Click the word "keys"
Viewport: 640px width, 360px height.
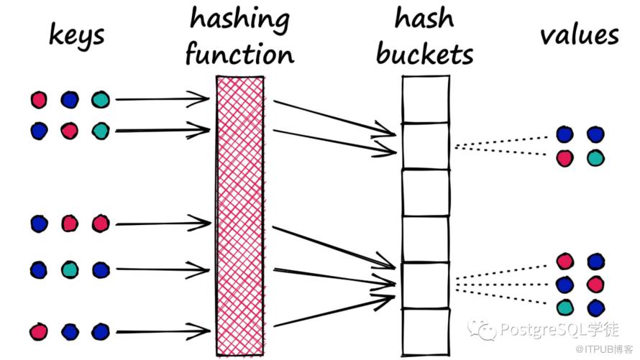coord(78,34)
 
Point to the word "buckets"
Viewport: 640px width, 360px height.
coord(425,54)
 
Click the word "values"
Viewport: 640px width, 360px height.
coord(580,34)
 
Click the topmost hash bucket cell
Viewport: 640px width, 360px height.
coord(424,99)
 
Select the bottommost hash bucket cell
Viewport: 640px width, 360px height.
coord(424,330)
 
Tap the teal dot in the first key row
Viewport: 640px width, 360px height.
coord(101,99)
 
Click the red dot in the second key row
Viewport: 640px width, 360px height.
coord(70,130)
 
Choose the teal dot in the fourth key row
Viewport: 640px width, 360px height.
coord(70,269)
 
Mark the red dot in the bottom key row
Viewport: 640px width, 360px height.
coord(39,331)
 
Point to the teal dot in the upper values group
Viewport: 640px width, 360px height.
coord(595,158)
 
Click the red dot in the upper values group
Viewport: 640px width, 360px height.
coord(565,158)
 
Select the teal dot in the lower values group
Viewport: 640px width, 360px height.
coord(565,308)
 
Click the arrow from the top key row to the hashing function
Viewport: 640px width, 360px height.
coord(162,98)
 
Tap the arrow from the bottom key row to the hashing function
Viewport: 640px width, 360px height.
coord(162,332)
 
